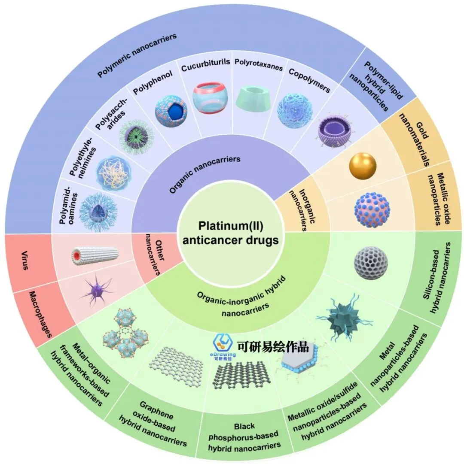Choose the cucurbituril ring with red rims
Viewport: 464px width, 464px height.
click(209, 97)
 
